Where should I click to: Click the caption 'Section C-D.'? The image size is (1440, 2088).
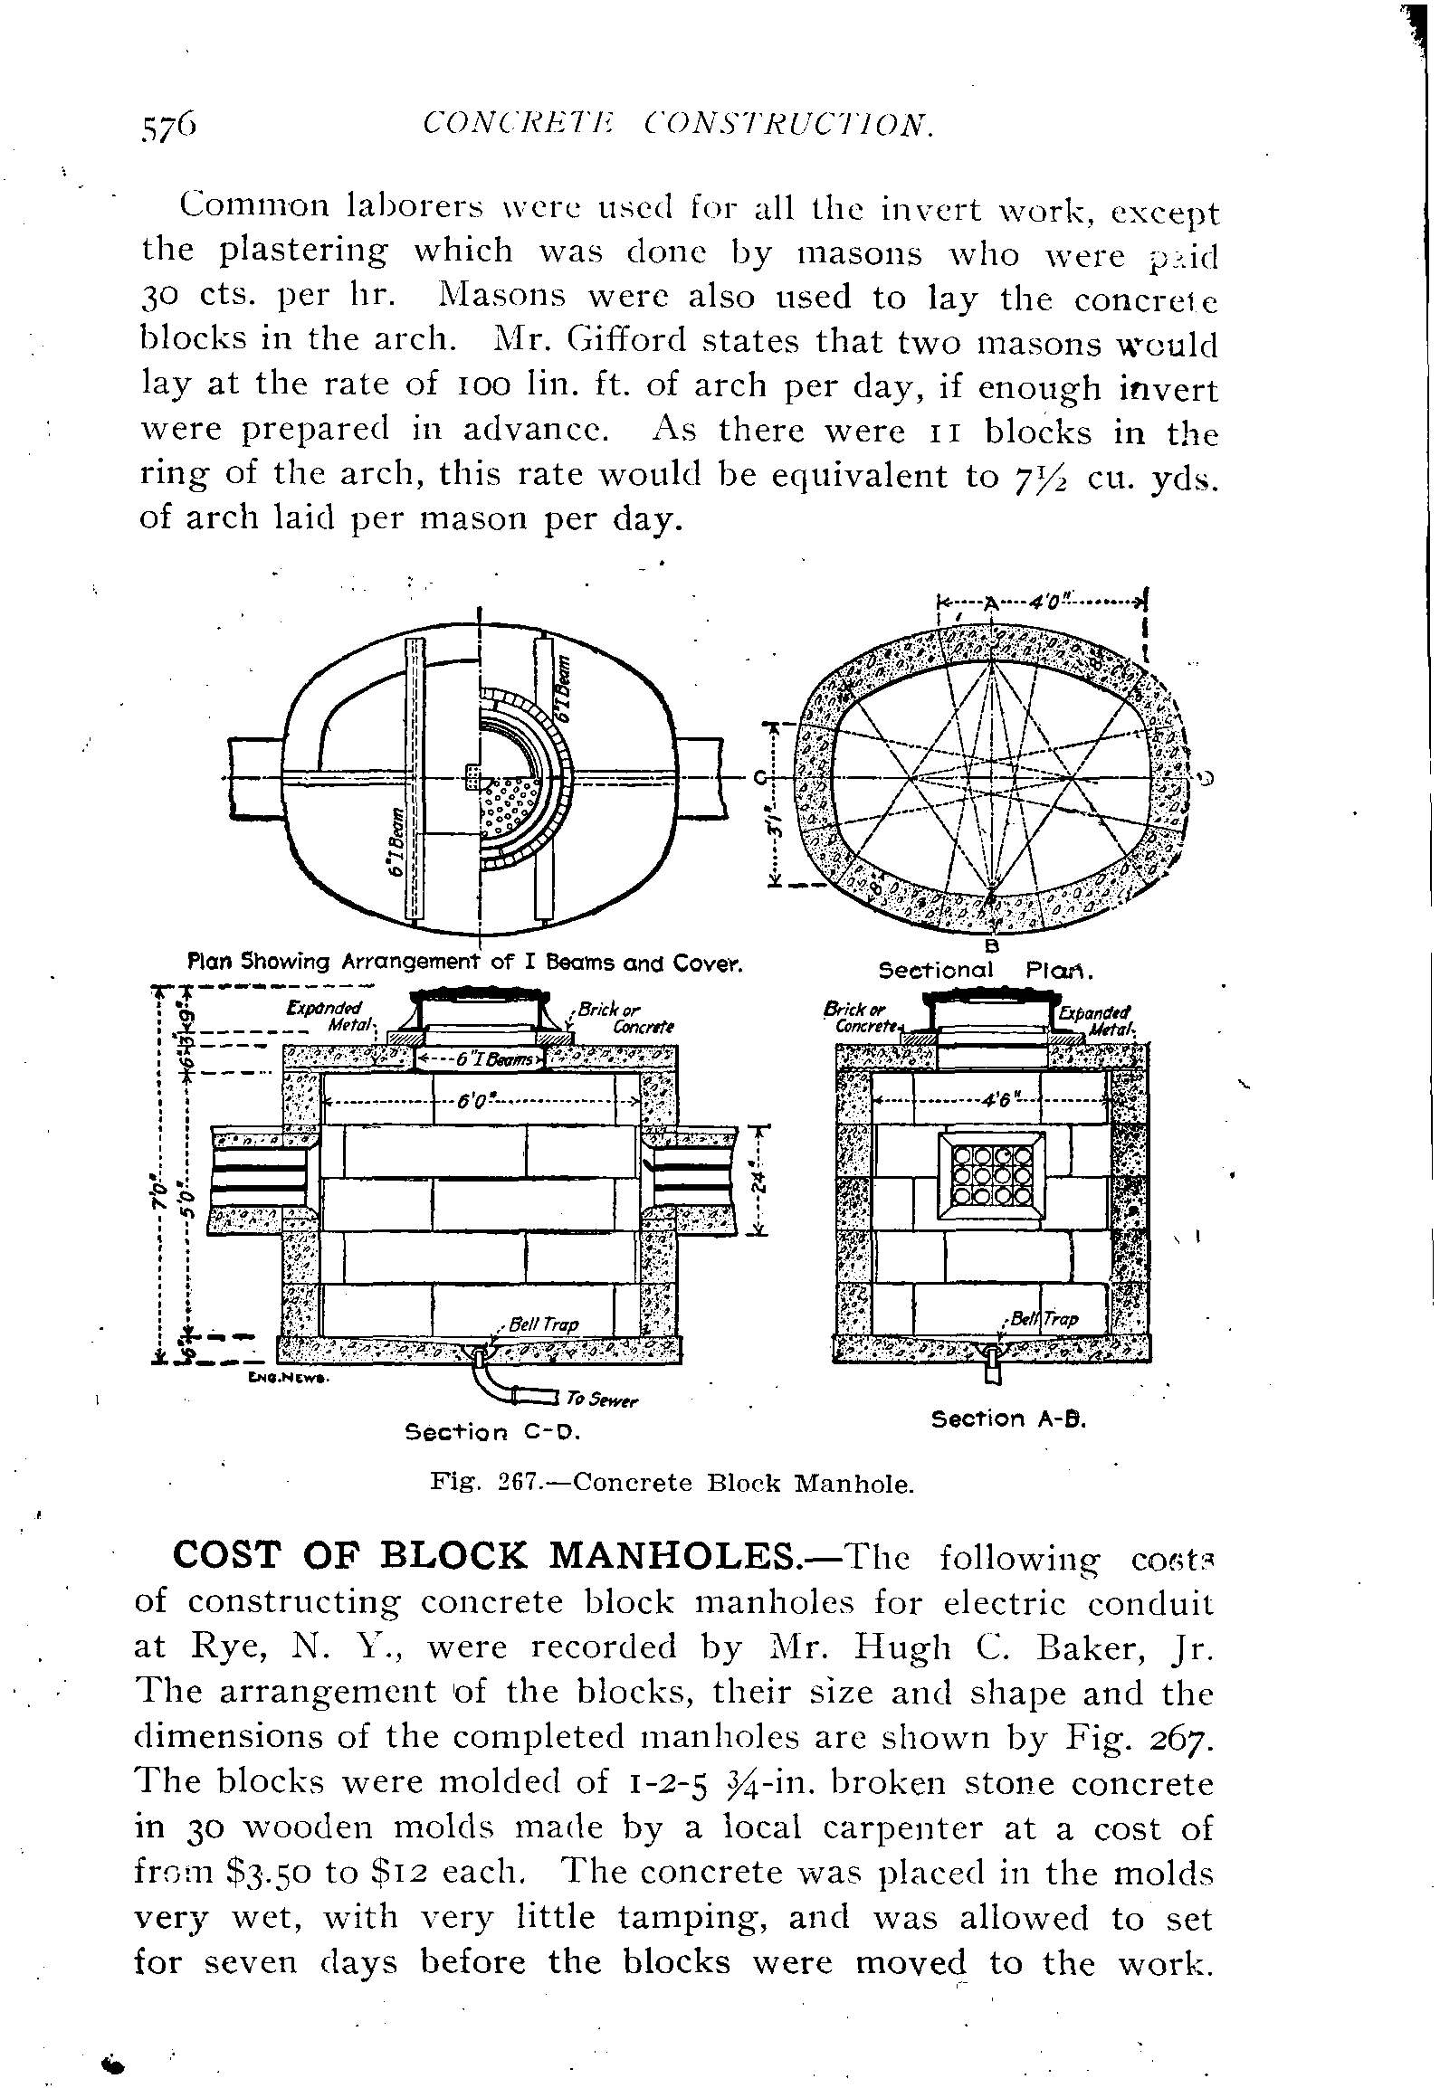(492, 1433)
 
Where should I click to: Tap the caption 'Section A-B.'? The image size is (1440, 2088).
(1008, 1419)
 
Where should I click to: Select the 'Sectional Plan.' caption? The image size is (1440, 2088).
(987, 971)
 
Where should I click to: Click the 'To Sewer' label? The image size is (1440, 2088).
(602, 1401)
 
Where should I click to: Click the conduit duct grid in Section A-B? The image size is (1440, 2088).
(993, 1175)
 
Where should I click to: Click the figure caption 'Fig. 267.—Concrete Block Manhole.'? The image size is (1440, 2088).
(671, 1484)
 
